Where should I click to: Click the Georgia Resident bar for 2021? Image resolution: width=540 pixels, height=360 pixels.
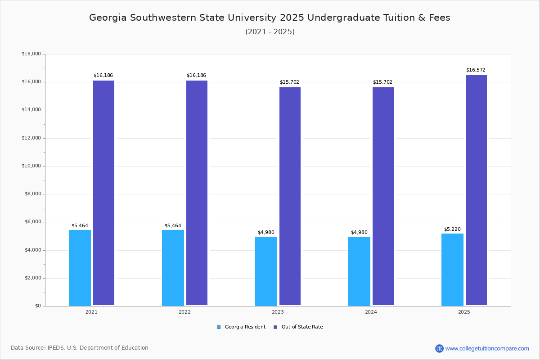pos(80,268)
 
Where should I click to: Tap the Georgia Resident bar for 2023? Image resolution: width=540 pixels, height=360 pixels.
pos(266,271)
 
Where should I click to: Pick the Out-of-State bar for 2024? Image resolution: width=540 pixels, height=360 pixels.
pos(383,196)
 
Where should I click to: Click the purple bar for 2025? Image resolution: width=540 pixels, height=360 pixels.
pos(476,190)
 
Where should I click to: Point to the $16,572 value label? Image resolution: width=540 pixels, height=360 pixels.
pos(476,70)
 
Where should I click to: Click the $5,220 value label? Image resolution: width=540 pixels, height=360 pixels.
pos(452,229)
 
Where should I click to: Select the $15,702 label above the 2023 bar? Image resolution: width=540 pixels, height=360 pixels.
pos(289,82)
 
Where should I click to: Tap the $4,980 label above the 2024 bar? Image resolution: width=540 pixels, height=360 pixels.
pos(359,233)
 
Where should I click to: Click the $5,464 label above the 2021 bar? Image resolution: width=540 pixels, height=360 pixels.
pos(80,226)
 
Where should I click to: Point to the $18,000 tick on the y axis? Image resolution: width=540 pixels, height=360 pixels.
pos(31,54)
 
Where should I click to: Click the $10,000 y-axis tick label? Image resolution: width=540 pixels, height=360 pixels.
pos(31,166)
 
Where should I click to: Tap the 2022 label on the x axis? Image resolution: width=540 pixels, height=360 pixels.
pos(184,312)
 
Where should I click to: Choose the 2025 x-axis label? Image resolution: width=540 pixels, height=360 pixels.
pos(464,312)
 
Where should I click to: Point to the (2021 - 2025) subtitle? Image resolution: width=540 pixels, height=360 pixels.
pos(270,32)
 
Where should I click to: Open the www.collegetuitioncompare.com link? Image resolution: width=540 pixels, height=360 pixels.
pos(487,348)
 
